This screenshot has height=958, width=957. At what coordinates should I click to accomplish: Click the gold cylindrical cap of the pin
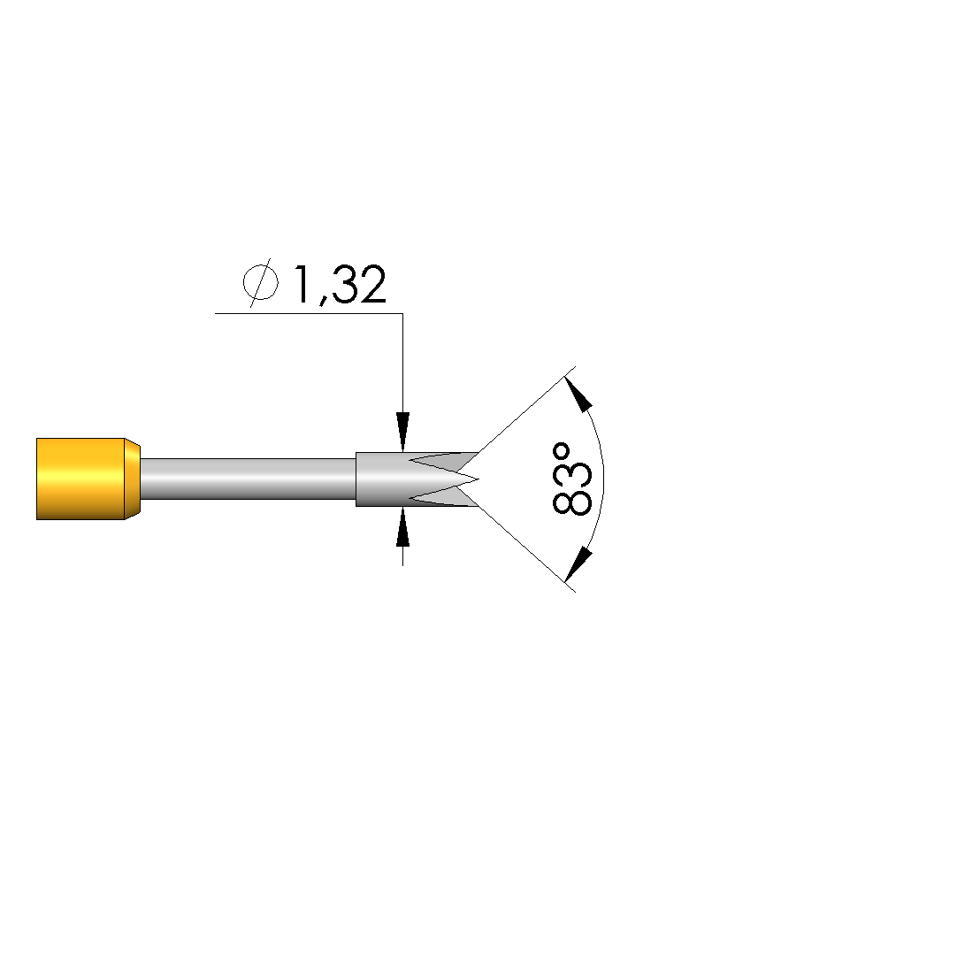[80, 479]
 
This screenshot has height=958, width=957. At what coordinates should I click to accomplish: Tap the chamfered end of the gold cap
[133, 479]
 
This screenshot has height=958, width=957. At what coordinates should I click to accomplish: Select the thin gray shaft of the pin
[248, 479]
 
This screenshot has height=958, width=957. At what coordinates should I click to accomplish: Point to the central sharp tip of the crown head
[478, 479]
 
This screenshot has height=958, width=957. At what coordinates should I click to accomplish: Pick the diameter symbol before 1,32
[261, 283]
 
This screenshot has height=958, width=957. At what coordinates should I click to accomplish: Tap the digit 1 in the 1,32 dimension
[302, 283]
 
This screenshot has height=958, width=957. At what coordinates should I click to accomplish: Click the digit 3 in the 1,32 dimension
[345, 284]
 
